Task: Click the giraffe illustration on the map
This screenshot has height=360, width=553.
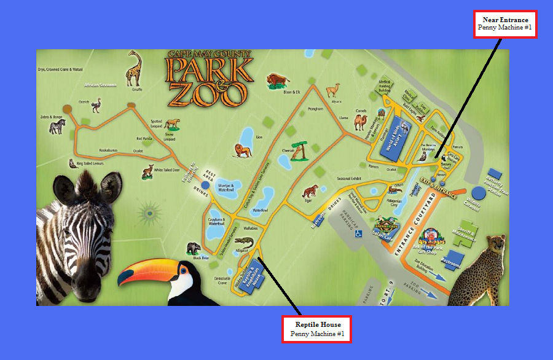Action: [133, 68]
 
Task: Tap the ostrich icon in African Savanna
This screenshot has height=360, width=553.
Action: [96, 106]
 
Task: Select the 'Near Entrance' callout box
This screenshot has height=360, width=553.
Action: [505, 24]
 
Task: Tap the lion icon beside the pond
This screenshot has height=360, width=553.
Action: [242, 149]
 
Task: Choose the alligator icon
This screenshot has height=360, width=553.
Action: [243, 240]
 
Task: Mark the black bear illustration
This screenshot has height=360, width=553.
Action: [193, 248]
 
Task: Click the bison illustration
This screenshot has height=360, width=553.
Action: [277, 80]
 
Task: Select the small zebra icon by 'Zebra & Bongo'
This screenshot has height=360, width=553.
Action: [57, 127]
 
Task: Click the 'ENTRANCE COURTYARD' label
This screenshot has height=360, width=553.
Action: [412, 218]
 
